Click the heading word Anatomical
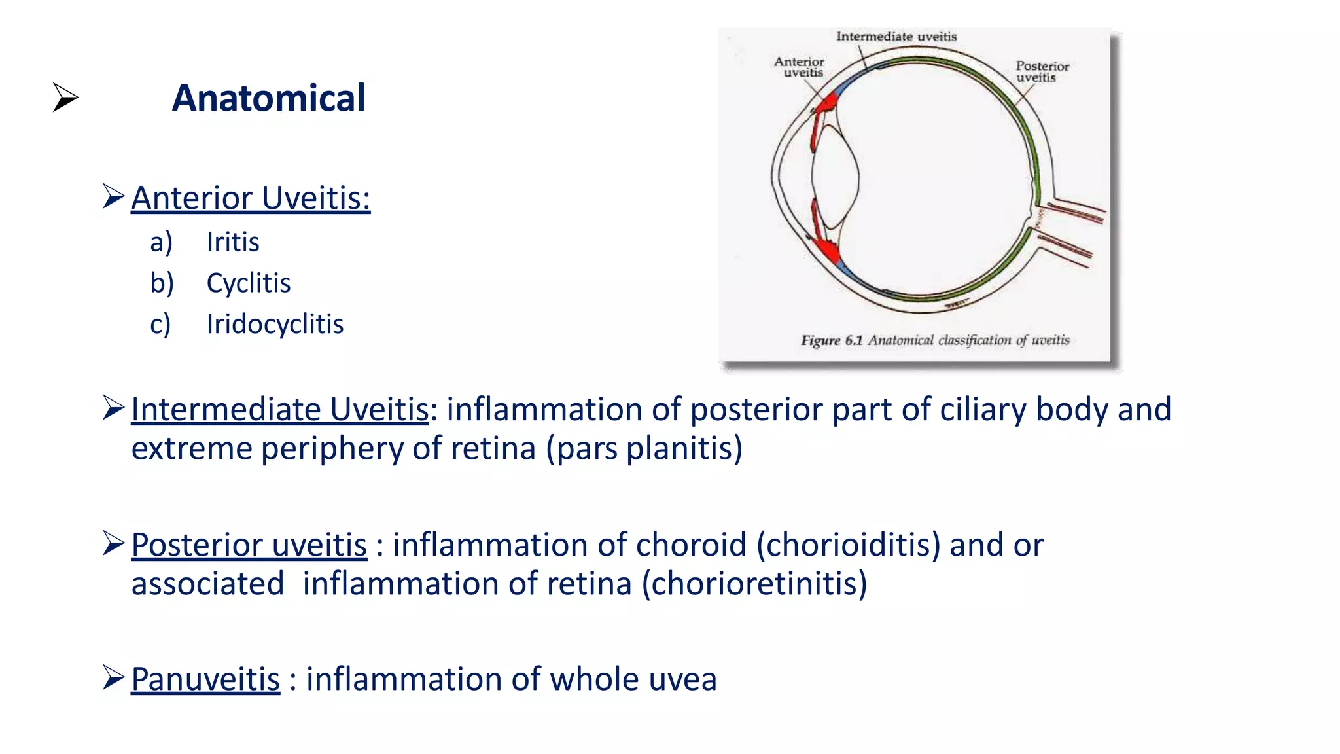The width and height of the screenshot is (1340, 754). click(x=268, y=98)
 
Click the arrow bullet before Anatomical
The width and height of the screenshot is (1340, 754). click(x=65, y=98)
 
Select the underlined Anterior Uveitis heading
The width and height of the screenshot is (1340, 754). click(x=251, y=198)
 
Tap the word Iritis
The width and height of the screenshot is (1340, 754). click(x=233, y=242)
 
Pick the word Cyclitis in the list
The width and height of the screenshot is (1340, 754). click(x=249, y=283)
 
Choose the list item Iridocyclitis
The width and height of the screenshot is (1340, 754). click(x=275, y=324)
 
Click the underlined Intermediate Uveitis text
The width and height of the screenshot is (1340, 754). click(x=280, y=410)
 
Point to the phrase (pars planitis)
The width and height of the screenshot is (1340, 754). click(x=644, y=449)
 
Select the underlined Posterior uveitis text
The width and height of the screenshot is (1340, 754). click(x=249, y=545)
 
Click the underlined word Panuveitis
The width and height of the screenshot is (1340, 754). click(x=205, y=679)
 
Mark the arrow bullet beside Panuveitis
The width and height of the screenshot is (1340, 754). click(x=113, y=677)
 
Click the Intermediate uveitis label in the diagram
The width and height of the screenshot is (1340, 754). click(x=896, y=37)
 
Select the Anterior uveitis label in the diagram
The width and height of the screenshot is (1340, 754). click(x=800, y=67)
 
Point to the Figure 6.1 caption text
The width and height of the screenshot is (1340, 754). click(x=935, y=340)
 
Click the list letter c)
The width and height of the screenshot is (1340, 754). click(x=160, y=324)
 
